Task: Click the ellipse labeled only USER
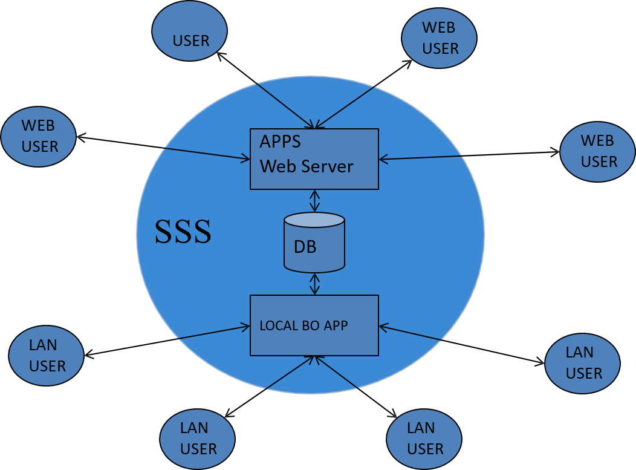pos(189,31)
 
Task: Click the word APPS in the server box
pos(281,142)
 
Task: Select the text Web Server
pos(307,166)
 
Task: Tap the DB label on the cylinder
pos(305,247)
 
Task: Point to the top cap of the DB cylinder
pos(314,220)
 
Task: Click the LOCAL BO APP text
pos(303,325)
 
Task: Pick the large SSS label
pos(183,232)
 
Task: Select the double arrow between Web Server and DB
pos(314,201)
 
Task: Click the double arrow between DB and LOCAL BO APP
pos(314,284)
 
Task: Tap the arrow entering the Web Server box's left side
pos(207,154)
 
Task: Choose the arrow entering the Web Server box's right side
pos(420,158)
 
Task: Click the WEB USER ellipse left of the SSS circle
pos(38,137)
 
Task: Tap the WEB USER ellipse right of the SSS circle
pos(597,152)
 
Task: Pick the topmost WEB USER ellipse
pos(439,38)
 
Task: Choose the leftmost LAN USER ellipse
pos(46,356)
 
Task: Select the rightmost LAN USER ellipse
pos(582,363)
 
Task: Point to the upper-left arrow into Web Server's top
pos(285,106)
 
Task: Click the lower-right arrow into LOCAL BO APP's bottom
pos(336,372)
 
